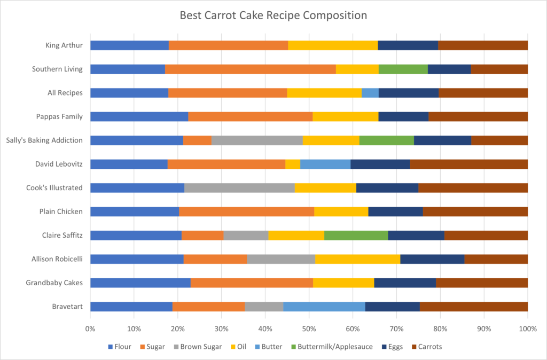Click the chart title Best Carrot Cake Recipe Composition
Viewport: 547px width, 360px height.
[273, 15]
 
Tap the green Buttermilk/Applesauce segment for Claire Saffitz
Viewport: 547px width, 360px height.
[356, 235]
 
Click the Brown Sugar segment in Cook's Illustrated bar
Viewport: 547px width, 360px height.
[239, 187]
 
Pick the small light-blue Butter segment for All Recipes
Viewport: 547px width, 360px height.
[370, 93]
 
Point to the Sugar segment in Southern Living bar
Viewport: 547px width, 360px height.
[250, 69]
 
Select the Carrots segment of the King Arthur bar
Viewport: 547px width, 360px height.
[482, 45]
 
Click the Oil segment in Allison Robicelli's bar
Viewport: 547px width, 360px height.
[357, 259]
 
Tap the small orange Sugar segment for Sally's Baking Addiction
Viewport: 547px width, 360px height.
[197, 140]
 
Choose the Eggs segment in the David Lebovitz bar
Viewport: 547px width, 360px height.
[380, 164]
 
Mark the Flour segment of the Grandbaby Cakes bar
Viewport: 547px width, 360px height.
[140, 283]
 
